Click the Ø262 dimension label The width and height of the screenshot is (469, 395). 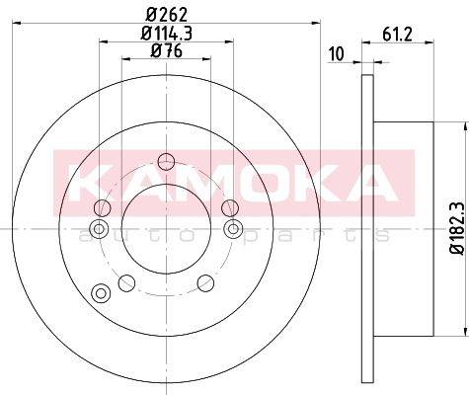(167, 15)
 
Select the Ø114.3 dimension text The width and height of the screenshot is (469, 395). (167, 33)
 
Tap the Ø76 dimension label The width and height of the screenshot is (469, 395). (167, 50)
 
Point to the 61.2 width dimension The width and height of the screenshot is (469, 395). (397, 35)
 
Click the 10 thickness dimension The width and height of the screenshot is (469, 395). (337, 54)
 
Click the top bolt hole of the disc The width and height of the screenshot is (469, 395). (166, 162)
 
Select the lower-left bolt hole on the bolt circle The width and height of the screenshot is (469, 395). (126, 283)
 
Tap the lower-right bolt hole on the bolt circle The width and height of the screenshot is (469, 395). (205, 283)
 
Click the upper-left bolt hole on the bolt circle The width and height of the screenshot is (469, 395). (103, 208)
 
